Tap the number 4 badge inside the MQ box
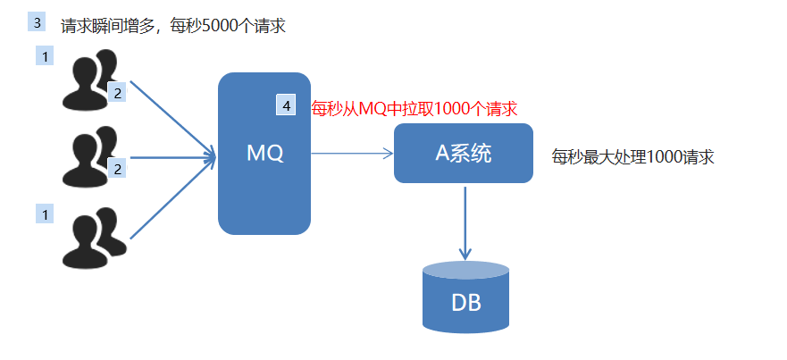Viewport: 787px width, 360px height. (x=286, y=105)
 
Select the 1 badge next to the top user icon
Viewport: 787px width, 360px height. (x=44, y=56)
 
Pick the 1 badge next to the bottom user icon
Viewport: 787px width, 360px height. (x=44, y=213)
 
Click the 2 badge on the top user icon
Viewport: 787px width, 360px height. (x=117, y=92)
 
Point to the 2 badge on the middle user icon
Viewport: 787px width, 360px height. (x=117, y=167)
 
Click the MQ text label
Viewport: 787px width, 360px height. (x=265, y=154)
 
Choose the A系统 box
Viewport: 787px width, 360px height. (x=463, y=153)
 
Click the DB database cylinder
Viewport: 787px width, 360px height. (x=465, y=298)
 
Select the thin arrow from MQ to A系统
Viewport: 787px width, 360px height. (x=352, y=154)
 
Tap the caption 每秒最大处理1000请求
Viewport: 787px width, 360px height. (x=632, y=157)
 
